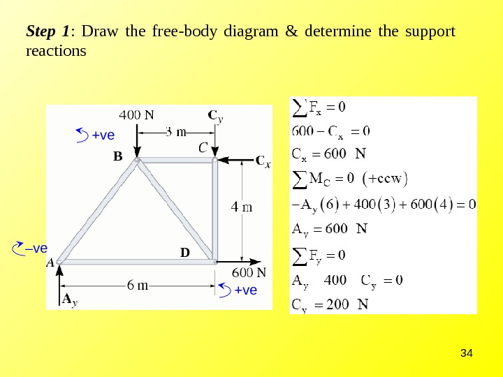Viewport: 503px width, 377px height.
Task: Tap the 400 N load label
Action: (x=138, y=114)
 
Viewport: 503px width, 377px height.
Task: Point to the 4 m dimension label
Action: (x=242, y=207)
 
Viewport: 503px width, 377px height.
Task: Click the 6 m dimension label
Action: (x=137, y=285)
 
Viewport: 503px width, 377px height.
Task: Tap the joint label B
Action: (x=117, y=158)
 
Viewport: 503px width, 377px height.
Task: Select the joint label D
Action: (x=185, y=251)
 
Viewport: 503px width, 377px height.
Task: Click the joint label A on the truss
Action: (x=50, y=264)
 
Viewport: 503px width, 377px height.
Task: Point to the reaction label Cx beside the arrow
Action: (x=263, y=162)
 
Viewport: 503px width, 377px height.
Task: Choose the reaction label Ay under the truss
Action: (x=68, y=300)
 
